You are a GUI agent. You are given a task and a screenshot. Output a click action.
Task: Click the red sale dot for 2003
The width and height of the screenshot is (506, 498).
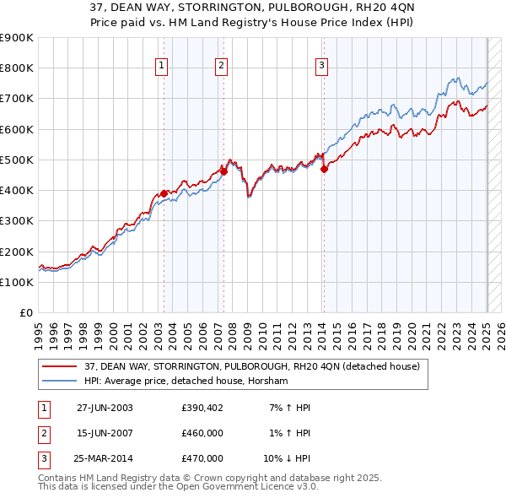pos(164,193)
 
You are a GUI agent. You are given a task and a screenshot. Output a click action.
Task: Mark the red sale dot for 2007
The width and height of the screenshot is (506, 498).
pos(224,171)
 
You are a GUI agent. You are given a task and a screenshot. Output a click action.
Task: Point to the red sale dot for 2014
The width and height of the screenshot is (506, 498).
pos(324,169)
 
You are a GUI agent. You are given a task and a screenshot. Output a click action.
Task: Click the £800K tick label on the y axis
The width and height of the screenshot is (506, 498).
pos(17,68)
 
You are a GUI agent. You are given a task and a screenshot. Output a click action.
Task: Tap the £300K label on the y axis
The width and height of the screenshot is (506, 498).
pos(17,221)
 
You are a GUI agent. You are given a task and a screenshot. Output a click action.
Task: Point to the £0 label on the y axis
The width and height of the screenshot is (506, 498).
pos(26,313)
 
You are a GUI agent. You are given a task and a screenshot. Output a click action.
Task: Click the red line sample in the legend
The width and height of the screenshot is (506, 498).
pos(59,366)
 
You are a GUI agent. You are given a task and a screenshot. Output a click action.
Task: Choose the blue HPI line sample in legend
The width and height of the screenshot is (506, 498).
pos(59,381)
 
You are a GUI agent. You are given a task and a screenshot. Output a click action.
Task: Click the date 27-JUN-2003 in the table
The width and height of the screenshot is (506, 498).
pos(105,408)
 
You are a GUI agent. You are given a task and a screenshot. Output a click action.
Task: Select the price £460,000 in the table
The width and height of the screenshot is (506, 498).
pos(202,433)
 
